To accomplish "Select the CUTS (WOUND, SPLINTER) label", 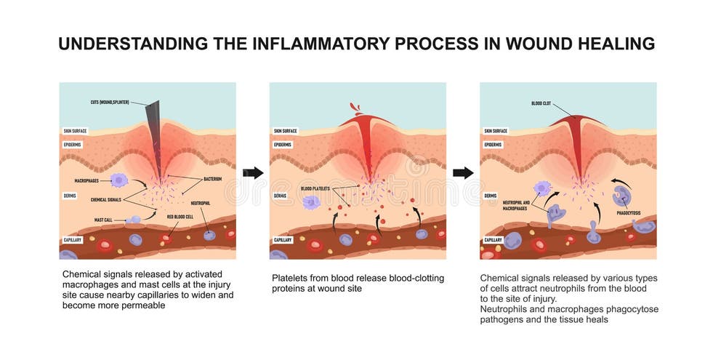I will coord(110,103).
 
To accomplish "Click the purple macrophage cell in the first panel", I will coord(118,180).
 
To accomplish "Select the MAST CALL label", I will coord(103,219).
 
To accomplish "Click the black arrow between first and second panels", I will coord(252,173).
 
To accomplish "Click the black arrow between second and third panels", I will coord(463,173).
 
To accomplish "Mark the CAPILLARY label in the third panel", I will coord(494,239).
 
